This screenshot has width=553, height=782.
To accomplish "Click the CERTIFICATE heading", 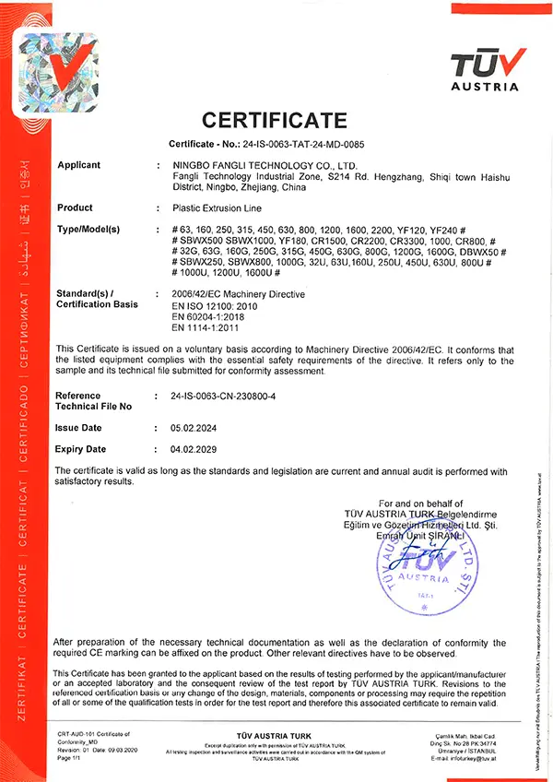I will pos(275,120).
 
